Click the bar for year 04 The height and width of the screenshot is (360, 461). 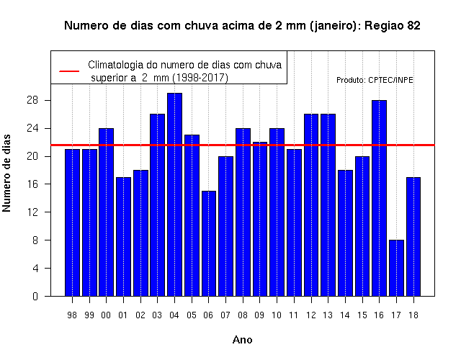click(x=174, y=194)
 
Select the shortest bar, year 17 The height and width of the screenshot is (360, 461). click(x=396, y=268)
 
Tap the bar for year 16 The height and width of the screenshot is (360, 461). click(x=380, y=198)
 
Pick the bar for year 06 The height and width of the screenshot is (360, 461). click(x=209, y=243)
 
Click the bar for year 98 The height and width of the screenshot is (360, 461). click(x=72, y=222)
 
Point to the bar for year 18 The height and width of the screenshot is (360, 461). click(x=413, y=237)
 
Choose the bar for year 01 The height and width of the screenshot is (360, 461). click(x=123, y=237)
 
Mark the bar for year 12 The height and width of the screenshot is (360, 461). click(x=311, y=205)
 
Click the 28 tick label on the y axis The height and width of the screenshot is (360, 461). click(x=32, y=101)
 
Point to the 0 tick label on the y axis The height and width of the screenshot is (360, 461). click(x=35, y=296)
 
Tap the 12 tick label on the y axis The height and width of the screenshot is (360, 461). click(x=32, y=212)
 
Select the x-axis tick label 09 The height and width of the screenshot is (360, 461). click(x=259, y=315)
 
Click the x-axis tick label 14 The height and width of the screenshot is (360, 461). click(x=345, y=315)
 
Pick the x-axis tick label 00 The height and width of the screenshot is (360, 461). click(x=106, y=315)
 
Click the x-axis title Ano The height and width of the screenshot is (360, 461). click(x=243, y=340)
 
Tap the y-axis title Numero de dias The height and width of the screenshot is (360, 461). click(x=6, y=173)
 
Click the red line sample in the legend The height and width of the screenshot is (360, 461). click(x=69, y=71)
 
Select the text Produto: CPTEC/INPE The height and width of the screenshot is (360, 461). click(x=375, y=80)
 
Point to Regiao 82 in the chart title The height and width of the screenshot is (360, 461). click(x=392, y=26)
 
